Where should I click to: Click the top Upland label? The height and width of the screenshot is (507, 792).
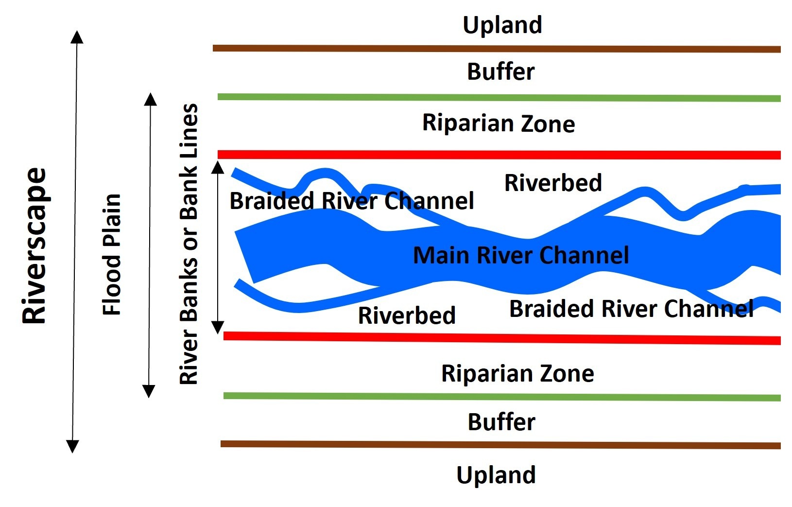click(502, 25)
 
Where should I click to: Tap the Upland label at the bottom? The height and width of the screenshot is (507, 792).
click(496, 475)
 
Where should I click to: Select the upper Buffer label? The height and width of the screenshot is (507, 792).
click(500, 72)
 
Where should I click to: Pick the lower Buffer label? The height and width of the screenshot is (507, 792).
click(501, 422)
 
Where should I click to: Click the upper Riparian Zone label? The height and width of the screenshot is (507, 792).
click(499, 123)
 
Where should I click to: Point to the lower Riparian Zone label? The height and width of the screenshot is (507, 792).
click(517, 374)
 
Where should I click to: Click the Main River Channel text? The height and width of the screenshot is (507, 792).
click(521, 255)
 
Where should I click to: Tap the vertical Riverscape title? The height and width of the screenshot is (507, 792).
click(34, 245)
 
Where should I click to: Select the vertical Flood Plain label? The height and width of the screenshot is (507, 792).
click(112, 254)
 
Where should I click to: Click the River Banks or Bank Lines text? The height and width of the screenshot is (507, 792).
click(189, 244)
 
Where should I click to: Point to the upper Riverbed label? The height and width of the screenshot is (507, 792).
click(553, 183)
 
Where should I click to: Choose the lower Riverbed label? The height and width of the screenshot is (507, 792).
click(407, 315)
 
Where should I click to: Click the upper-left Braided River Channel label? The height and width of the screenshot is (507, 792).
click(351, 201)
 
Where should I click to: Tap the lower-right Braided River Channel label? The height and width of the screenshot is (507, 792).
click(631, 309)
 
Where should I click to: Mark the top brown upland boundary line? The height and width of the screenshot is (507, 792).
click(496, 49)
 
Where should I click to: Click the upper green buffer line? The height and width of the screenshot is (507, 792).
click(498, 98)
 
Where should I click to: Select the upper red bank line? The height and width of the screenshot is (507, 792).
click(498, 155)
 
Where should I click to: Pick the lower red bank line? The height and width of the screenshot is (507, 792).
click(500, 337)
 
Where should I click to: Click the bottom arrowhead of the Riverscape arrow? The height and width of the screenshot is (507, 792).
click(72, 446)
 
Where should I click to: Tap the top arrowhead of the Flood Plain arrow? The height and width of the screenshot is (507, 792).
click(151, 99)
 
